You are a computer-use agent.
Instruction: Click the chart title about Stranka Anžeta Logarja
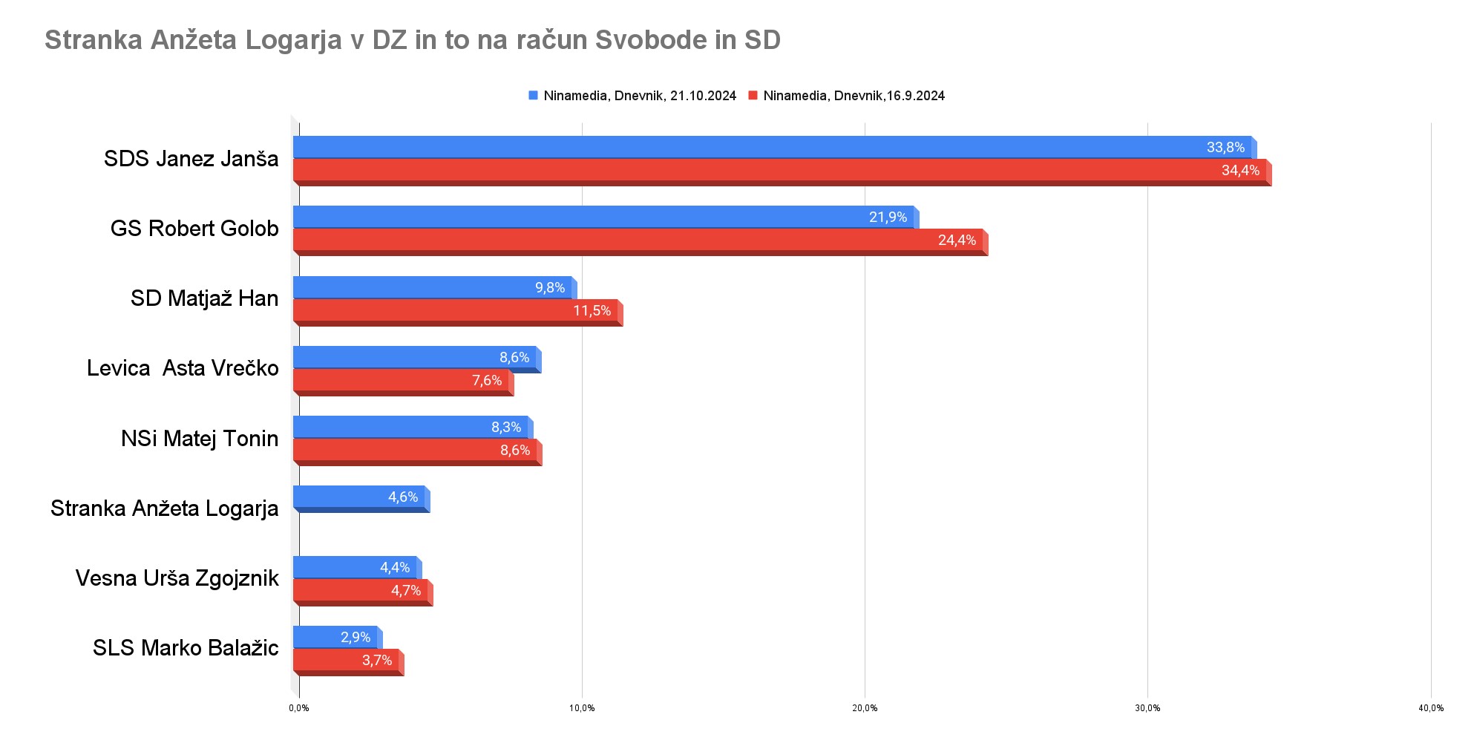412,40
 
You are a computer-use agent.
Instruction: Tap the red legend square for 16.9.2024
753,96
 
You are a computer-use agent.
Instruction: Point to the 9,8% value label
550,287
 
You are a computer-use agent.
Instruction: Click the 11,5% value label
592,310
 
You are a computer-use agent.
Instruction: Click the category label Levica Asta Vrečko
183,368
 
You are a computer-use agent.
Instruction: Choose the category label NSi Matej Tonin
200,439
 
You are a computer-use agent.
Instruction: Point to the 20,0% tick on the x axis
865,708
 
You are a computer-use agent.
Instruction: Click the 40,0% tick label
1431,708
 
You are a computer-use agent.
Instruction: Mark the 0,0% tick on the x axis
299,708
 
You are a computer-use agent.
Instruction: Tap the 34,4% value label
1240,170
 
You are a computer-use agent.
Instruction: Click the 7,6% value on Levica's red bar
487,380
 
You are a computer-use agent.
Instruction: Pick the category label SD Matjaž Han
204,298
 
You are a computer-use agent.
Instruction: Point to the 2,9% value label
356,637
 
